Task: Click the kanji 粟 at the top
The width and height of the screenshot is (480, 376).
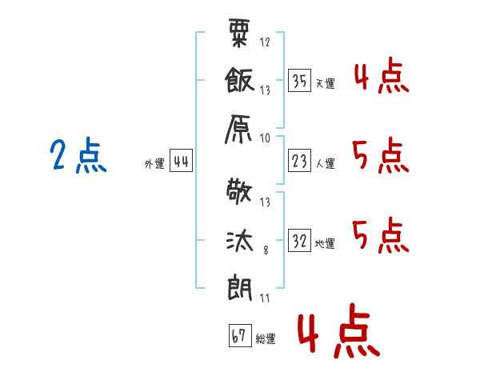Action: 241,34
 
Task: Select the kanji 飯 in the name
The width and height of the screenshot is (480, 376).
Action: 241,81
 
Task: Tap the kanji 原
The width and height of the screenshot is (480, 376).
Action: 241,127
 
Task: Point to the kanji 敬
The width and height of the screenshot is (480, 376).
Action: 241,194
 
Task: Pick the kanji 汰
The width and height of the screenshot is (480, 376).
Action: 241,240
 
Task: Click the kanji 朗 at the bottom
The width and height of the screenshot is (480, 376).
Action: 241,286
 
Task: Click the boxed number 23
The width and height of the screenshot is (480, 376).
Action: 300,161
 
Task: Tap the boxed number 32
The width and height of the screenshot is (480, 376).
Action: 300,241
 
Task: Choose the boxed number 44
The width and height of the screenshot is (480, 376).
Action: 181,162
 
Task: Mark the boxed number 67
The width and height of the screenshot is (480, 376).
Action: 238,336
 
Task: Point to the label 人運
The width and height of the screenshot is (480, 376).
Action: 325,164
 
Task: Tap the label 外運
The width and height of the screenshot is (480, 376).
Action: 154,164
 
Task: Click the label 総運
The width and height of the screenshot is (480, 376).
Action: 266,339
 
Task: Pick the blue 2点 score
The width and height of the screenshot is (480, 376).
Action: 78,156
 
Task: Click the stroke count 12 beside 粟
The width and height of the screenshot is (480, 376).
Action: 265,42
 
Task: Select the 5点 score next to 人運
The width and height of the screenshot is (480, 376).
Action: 379,155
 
